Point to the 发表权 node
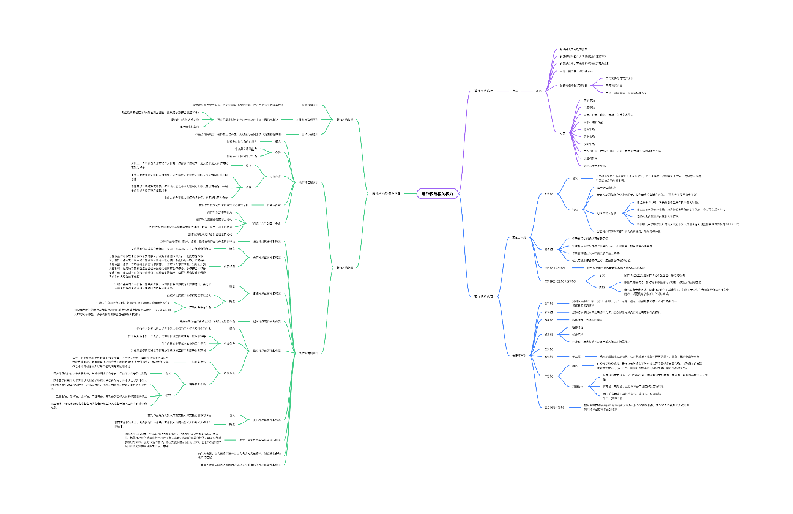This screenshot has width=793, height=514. tap(549, 194)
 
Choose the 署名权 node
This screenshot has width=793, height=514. tap(549, 249)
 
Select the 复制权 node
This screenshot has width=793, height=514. tap(549, 303)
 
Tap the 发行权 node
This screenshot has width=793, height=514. tap(549, 312)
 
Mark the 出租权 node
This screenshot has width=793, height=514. tap(549, 320)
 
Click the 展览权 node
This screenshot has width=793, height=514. tap(549, 335)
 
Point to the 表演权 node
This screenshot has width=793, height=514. tap(549, 349)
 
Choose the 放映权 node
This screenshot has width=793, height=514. tap(549, 356)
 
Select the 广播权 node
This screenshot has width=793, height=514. tap(549, 375)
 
